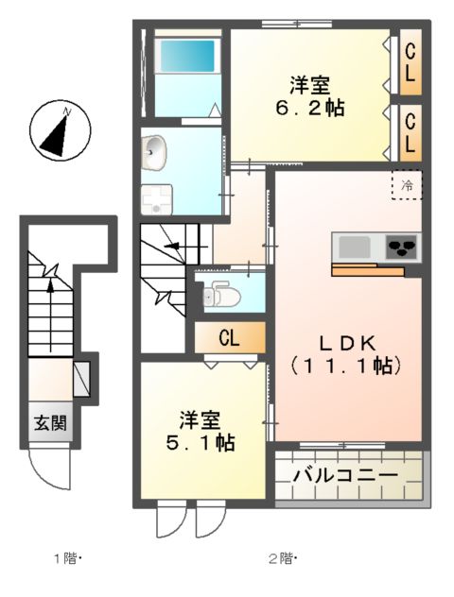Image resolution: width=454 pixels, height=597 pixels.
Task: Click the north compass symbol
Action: tap(60, 131)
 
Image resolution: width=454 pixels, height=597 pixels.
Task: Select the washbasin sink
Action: tap(154, 148)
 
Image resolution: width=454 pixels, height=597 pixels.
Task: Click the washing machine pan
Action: tap(154, 198)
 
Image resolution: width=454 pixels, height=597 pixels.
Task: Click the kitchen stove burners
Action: tap(402, 247)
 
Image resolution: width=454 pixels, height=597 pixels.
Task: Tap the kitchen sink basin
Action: tap(355, 247)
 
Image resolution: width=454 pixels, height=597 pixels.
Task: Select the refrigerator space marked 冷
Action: tap(408, 185)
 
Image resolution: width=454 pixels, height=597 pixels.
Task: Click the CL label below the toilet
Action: tap(228, 337)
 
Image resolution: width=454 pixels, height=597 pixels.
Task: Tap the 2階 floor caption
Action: tap(281, 556)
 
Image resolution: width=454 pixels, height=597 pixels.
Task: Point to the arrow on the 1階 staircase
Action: tap(50, 293)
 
